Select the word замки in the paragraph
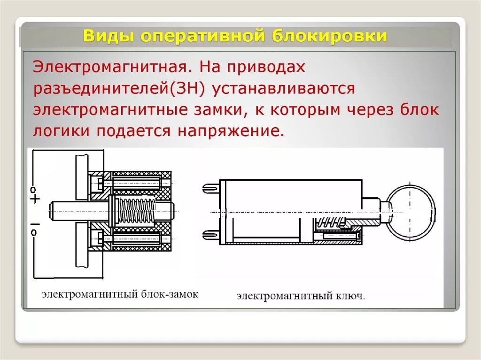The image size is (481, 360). (221, 110)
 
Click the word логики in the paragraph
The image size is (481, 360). (62, 131)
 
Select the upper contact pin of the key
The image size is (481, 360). (211, 188)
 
